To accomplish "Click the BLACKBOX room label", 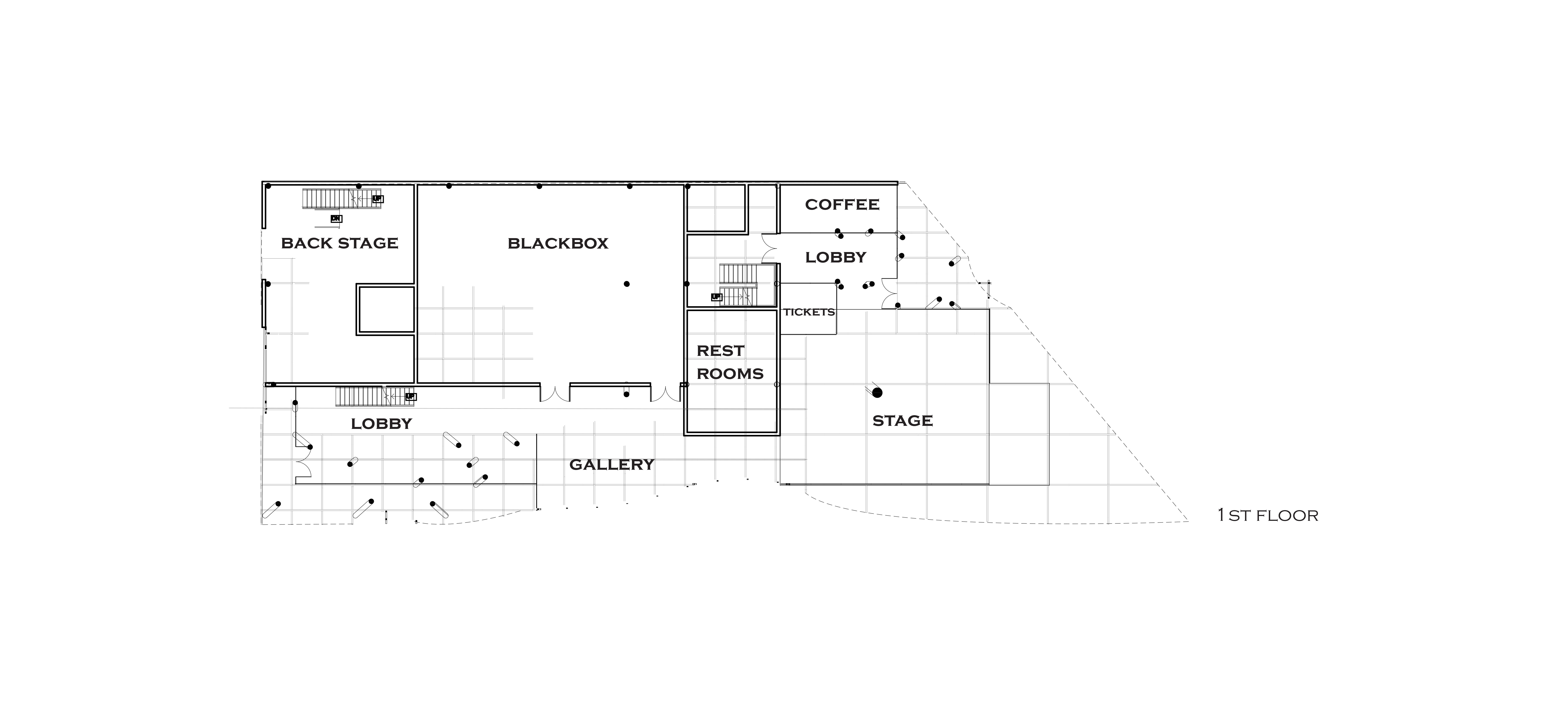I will [558, 243].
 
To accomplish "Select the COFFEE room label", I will [842, 205].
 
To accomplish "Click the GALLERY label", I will [611, 465].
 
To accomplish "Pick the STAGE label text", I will [902, 421].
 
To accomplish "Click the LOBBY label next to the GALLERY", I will [381, 424].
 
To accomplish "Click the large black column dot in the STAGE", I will [877, 393].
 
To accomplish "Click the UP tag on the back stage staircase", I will [378, 199].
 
